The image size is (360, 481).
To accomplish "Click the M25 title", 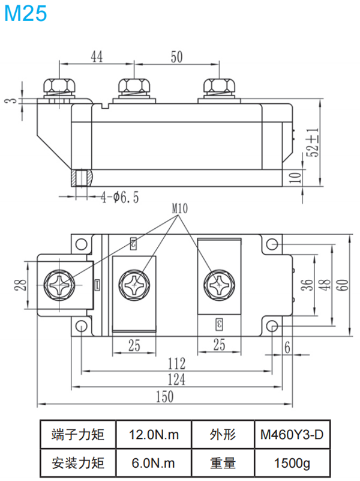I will (25, 13).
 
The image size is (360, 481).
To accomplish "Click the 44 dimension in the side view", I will (97, 57).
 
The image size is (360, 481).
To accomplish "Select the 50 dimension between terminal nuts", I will (176, 57).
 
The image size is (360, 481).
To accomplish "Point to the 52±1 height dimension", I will (311, 142).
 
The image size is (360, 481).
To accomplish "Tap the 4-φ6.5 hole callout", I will (119, 196).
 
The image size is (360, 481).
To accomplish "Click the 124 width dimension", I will (176, 379).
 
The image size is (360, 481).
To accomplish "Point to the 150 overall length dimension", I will (164, 396).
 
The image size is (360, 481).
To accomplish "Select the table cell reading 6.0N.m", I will (154, 463).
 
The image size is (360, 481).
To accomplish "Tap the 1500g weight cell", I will (292, 463).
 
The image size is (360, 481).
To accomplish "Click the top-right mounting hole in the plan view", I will (273, 245).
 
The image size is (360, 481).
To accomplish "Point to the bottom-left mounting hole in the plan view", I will (80, 325).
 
